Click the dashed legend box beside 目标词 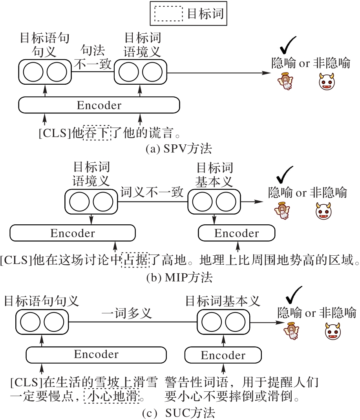(x=168, y=14)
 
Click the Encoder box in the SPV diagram (x=99, y=105)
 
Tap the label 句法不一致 (x=93, y=57)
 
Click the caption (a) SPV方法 (x=178, y=149)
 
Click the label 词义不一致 (x=152, y=192)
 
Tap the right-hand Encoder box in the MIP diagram (x=237, y=233)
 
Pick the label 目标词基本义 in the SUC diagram (x=223, y=301)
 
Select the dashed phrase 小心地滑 (x=112, y=396)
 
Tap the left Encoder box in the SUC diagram (x=96, y=355)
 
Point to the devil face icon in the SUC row (x=333, y=331)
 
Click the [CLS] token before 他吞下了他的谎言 (x=55, y=134)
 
